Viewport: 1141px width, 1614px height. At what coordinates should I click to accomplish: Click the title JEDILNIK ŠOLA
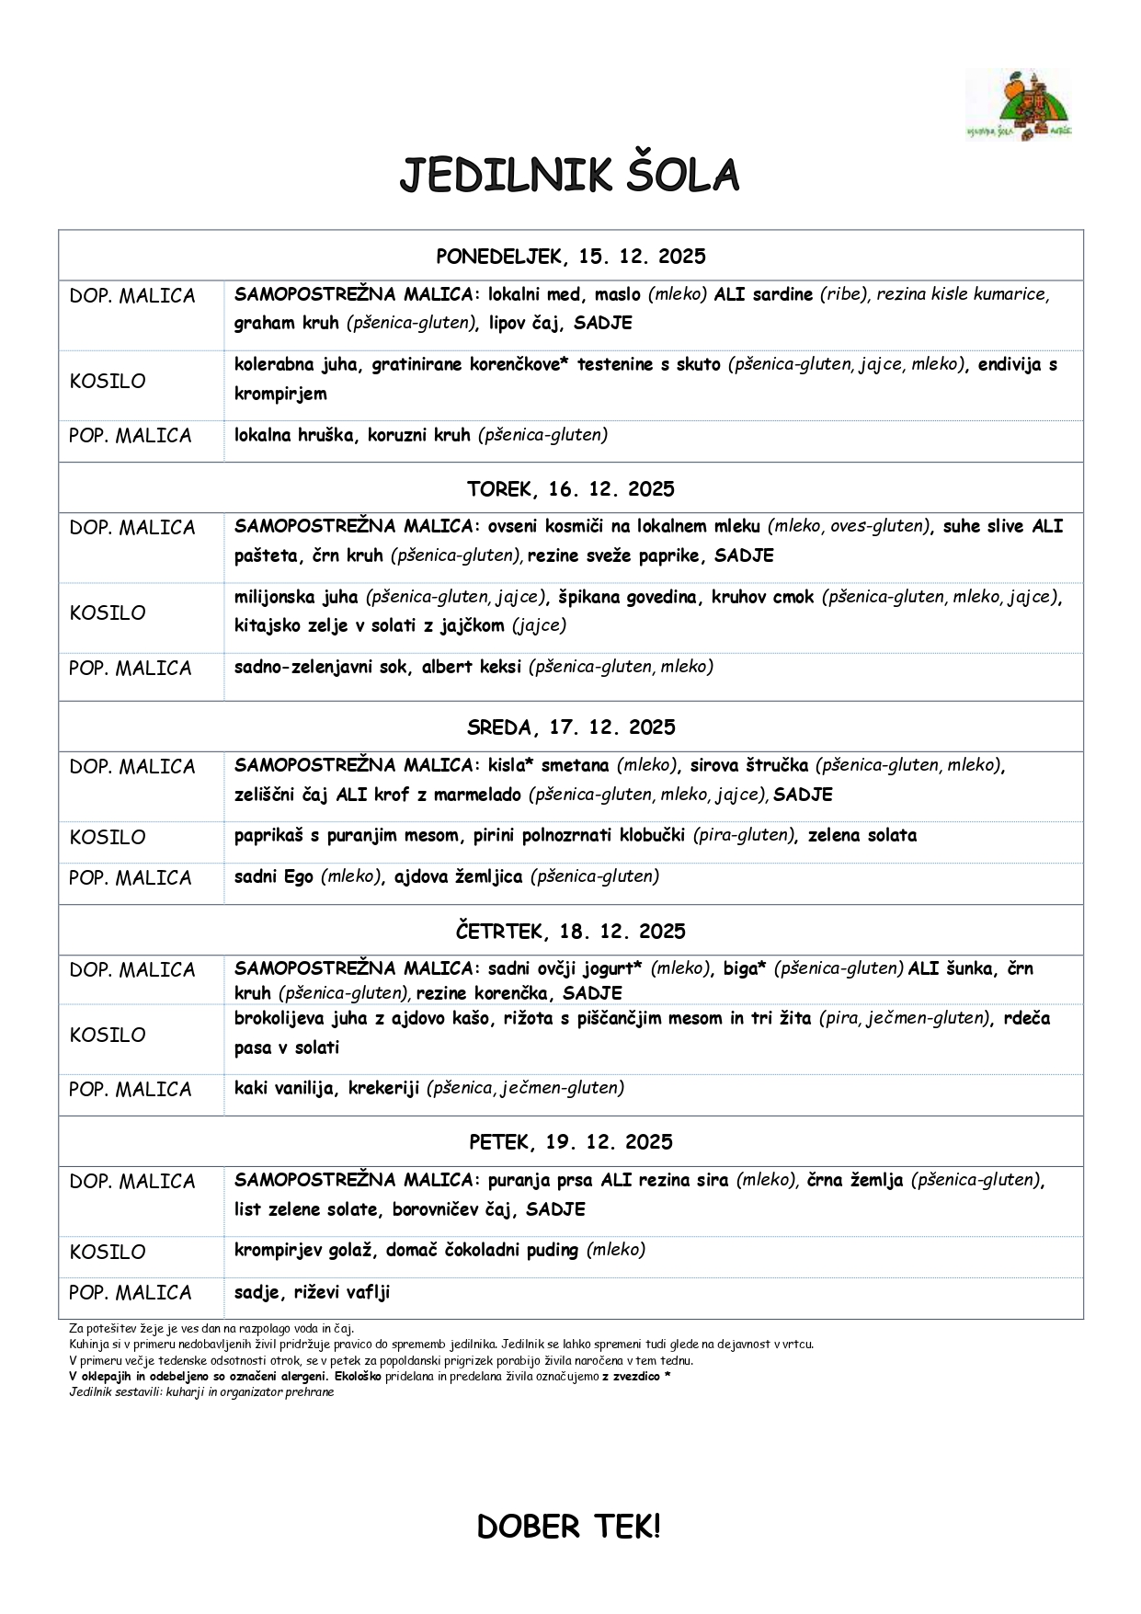569,176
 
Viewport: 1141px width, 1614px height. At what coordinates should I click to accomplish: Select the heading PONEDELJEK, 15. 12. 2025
570,256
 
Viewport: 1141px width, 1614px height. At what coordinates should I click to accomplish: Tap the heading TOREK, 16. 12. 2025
570,488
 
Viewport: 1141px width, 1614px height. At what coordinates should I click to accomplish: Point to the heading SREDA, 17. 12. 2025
570,727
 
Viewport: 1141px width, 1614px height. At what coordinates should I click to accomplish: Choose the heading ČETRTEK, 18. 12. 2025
570,931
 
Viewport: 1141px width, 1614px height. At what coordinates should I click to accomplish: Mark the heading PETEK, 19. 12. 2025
570,1141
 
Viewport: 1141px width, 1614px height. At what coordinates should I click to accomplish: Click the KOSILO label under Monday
108,381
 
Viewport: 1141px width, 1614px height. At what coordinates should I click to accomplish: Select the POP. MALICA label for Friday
130,1292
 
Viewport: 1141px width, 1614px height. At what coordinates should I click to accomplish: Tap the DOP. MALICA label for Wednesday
132,766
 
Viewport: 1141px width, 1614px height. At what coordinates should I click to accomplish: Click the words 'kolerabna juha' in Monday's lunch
297,364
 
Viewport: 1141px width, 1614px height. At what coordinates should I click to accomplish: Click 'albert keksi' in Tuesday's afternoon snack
471,667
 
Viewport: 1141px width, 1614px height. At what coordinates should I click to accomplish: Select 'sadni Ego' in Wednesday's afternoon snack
273,876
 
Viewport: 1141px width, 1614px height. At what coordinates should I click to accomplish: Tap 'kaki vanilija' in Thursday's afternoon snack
284,1088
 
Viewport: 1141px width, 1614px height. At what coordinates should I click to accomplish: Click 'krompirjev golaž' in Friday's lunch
302,1250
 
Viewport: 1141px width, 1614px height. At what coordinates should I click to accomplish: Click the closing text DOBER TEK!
568,1527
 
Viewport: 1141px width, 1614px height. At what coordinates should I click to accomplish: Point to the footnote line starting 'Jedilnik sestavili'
201,1391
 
